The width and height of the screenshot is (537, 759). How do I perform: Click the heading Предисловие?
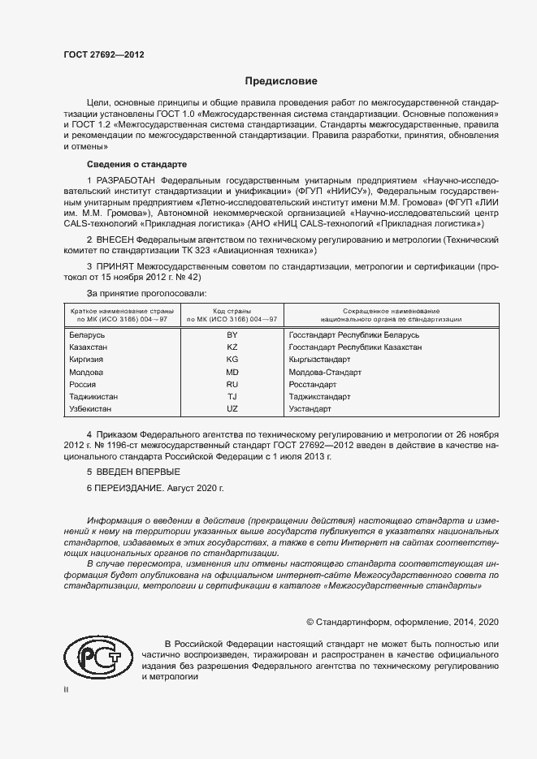[281, 81]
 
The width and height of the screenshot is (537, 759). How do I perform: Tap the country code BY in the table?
[232, 334]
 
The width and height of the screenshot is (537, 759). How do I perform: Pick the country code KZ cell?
[232, 347]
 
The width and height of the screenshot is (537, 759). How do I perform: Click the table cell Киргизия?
[86, 359]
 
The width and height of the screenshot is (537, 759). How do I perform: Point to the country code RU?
[232, 385]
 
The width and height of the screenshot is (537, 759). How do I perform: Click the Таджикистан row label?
[93, 397]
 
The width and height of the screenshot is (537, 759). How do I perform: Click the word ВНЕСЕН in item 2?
[115, 240]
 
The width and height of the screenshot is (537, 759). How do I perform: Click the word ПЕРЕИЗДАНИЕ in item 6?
[129, 489]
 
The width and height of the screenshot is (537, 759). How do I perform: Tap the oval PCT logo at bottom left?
[97, 657]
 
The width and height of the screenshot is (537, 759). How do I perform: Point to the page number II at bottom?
[67, 689]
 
